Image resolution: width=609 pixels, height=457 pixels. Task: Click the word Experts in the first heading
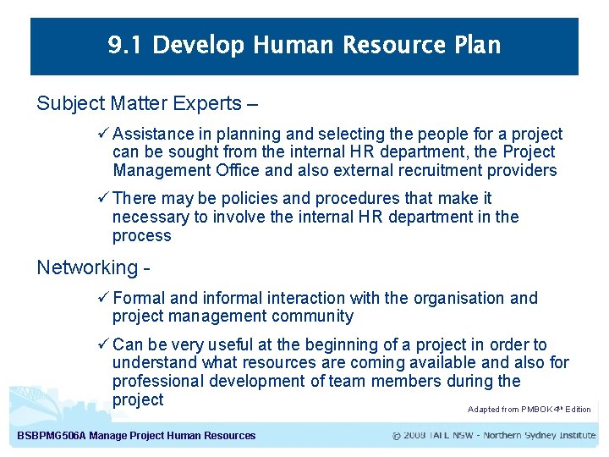pos(207,104)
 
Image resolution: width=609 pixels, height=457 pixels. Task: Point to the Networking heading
pos(87,268)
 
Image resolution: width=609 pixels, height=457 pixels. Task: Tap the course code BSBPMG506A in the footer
pos(51,436)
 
